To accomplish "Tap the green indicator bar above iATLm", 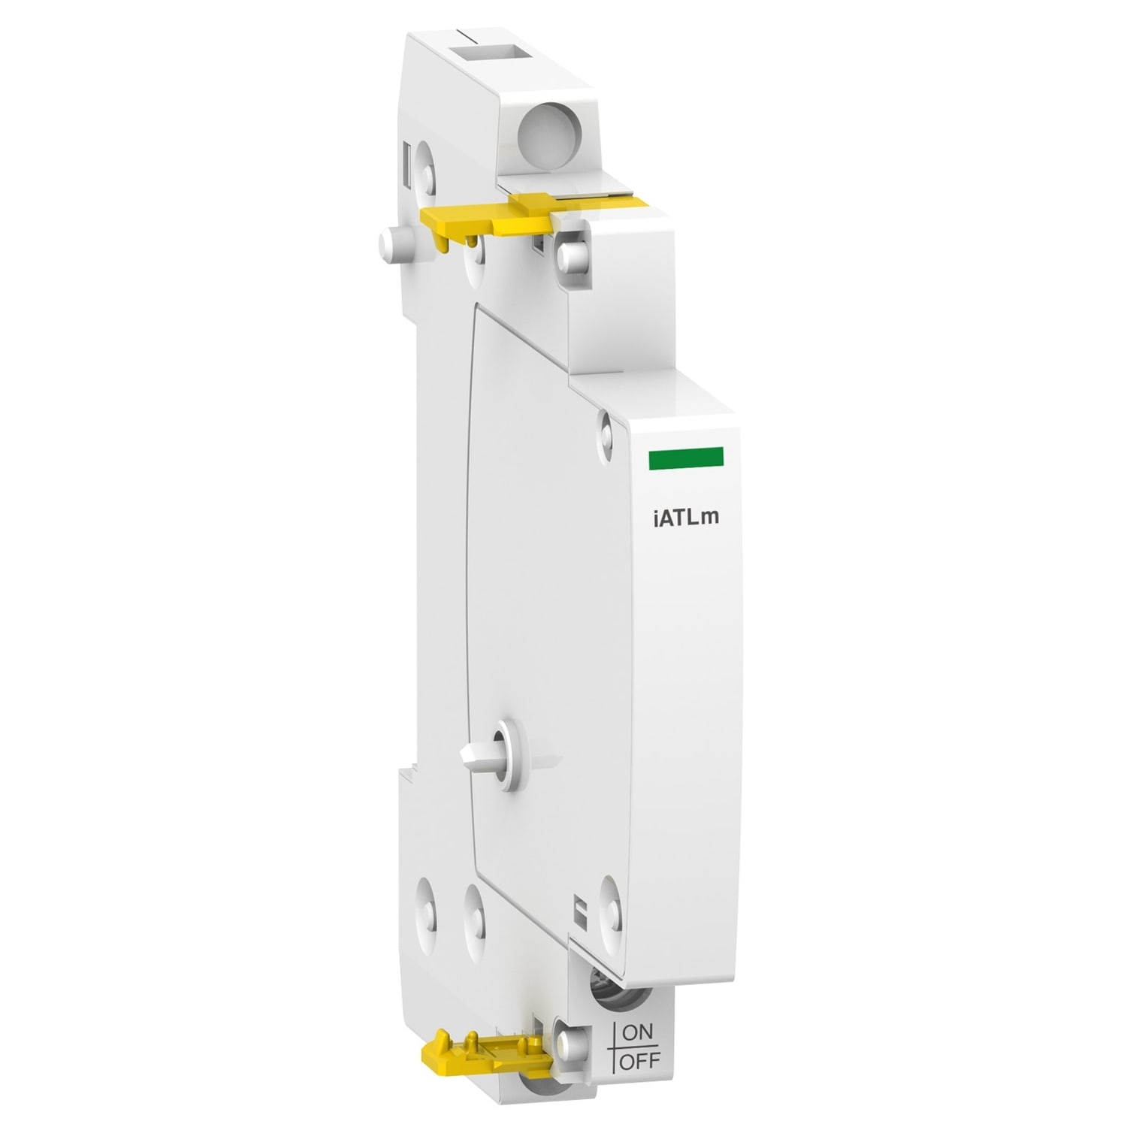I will point(684,457).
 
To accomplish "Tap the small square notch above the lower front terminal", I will point(579,905).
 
